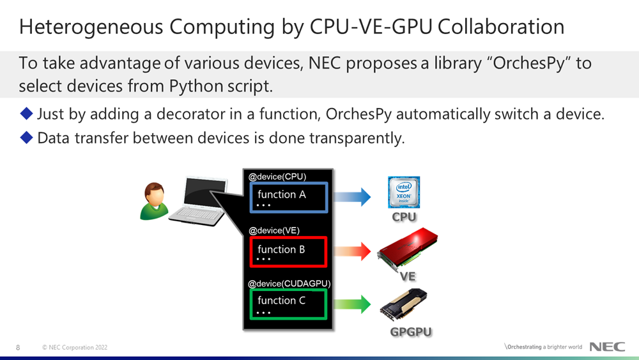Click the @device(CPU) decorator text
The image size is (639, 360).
click(277, 176)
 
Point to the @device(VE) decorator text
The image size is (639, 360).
click(274, 230)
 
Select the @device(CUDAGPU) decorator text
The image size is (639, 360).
click(289, 283)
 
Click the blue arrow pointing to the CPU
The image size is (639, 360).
click(352, 197)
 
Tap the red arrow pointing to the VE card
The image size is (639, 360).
click(352, 251)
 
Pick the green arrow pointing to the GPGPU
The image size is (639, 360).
click(352, 304)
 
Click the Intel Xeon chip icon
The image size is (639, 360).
click(404, 192)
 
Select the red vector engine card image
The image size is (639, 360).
click(408, 249)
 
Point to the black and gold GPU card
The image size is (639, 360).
click(404, 305)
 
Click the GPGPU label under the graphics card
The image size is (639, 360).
click(411, 332)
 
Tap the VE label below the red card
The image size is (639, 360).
click(408, 276)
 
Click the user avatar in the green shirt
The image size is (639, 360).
click(153, 201)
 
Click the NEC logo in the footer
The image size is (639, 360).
click(607, 347)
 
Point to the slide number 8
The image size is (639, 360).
click(18, 347)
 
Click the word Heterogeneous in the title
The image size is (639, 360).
click(91, 27)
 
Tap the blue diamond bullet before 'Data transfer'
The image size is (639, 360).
click(26, 138)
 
